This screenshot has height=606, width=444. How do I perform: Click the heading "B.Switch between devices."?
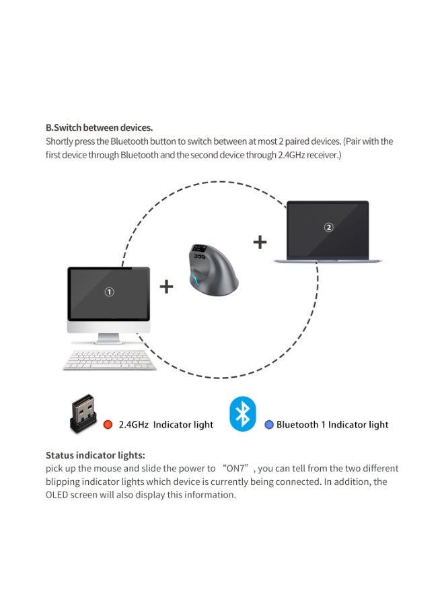[99, 127]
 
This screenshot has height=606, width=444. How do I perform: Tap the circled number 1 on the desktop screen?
[109, 292]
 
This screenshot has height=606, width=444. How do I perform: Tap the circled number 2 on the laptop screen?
[328, 228]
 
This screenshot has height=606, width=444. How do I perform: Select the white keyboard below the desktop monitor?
[110, 360]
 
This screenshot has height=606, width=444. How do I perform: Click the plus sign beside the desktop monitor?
[166, 287]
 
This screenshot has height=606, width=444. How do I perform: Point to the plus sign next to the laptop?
[260, 242]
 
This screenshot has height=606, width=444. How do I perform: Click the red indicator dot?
[108, 425]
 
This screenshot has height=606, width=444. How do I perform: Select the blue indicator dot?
[269, 425]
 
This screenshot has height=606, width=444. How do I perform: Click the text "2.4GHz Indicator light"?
[165, 425]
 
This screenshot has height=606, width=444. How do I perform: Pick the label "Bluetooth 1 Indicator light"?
[332, 425]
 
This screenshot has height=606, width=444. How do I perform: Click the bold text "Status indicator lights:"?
[95, 455]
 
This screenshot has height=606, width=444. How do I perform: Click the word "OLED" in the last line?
[58, 495]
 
